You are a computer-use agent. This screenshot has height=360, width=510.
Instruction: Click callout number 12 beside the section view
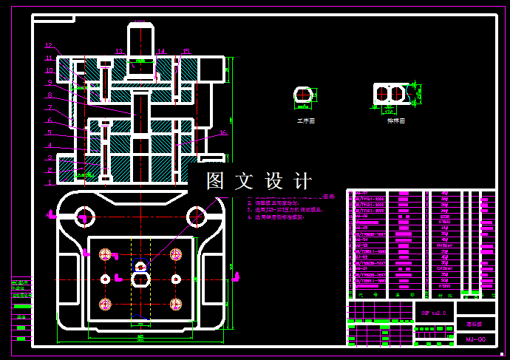click(49, 46)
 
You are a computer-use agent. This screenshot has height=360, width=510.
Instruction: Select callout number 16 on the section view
click(222, 133)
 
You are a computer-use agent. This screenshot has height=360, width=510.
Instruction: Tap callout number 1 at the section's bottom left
click(49, 182)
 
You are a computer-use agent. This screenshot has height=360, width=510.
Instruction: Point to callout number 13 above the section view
click(118, 51)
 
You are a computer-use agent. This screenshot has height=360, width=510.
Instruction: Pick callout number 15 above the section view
click(186, 51)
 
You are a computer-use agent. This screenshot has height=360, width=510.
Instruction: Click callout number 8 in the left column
click(49, 95)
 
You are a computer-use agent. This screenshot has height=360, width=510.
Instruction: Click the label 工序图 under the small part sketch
click(305, 119)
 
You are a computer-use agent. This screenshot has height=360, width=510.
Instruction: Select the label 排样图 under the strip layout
click(395, 120)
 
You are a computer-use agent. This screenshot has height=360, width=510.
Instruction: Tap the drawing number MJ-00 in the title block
click(475, 339)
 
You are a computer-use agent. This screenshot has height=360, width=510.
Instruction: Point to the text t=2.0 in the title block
click(433, 313)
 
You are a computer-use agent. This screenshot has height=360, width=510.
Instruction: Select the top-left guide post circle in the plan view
click(82, 217)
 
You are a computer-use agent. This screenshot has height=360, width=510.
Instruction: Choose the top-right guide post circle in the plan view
click(196, 217)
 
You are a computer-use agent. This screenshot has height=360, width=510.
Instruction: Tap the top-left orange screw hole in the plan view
click(106, 254)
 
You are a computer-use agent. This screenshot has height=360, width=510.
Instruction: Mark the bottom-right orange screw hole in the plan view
click(176, 304)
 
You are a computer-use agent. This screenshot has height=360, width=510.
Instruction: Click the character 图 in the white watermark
click(214, 181)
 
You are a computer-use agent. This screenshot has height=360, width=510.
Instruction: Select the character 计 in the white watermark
click(302, 181)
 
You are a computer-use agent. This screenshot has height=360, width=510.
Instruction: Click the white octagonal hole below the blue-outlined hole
click(140, 279)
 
